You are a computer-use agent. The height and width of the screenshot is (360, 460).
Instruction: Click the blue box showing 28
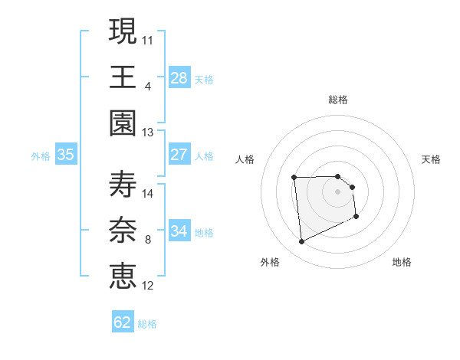pos(179,77)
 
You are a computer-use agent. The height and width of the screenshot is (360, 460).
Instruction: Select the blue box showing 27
pos(179,155)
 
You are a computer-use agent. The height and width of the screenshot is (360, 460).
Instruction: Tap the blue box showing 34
pos(179,231)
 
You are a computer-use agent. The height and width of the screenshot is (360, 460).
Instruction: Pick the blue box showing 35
pos(66,155)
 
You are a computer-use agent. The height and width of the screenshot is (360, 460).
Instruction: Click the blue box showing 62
pos(123,322)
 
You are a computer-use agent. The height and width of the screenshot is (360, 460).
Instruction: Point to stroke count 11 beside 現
pos(149,38)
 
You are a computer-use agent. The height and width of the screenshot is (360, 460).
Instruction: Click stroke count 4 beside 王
pos(147,85)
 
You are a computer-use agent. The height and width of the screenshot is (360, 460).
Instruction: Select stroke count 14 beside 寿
pos(149,193)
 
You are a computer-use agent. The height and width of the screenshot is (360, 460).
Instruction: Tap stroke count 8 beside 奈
pos(147,240)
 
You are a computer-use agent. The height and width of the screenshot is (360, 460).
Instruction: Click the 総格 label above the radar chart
pos(338,100)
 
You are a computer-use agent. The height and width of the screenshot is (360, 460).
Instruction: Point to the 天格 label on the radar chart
pos(431,159)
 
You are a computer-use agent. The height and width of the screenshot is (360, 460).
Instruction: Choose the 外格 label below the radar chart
pos(270,262)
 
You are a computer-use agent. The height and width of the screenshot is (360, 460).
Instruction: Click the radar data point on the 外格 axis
pos(302,242)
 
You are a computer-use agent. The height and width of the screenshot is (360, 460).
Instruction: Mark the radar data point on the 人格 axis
pos(294,178)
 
